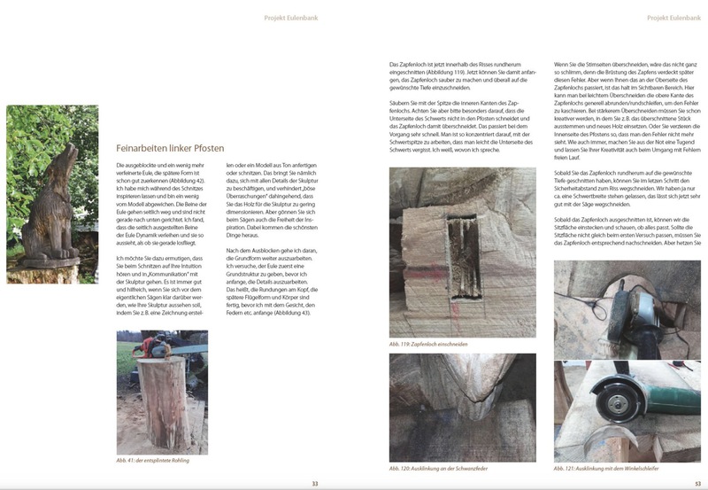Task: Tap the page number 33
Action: pyautogui.click(x=314, y=483)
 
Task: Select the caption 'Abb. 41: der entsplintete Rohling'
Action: pyautogui.click(x=153, y=462)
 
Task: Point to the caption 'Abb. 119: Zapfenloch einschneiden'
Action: pyautogui.click(x=427, y=343)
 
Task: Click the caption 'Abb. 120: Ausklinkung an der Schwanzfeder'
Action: pyautogui.click(x=438, y=468)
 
